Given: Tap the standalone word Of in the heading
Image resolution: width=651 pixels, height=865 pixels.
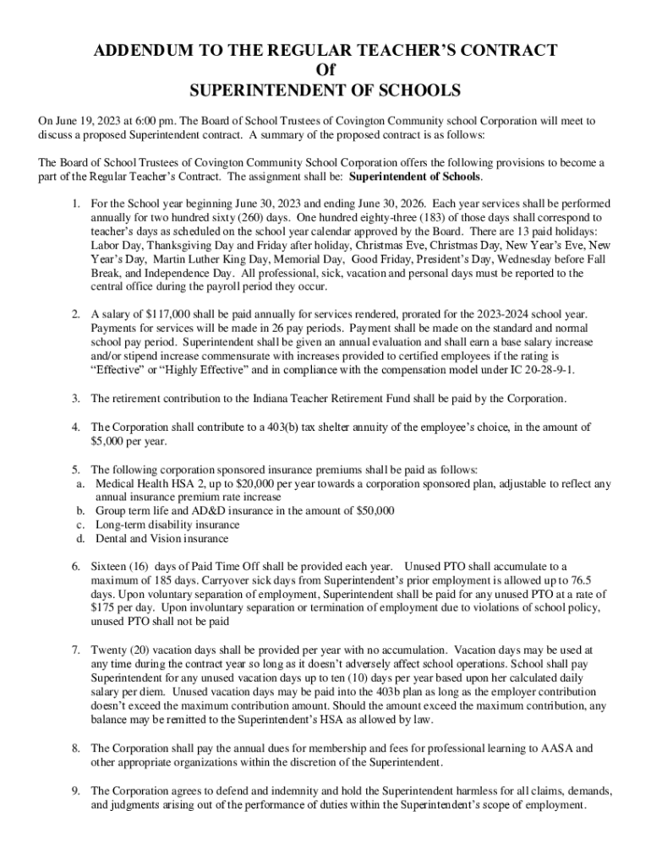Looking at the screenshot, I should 325,70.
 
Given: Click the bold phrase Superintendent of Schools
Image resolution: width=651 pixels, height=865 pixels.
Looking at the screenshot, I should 414,177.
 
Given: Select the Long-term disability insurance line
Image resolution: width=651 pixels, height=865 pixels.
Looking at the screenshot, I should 167,525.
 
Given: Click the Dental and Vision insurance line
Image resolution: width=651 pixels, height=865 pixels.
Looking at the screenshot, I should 161,538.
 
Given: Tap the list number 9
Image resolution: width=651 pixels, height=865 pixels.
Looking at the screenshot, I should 75,791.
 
